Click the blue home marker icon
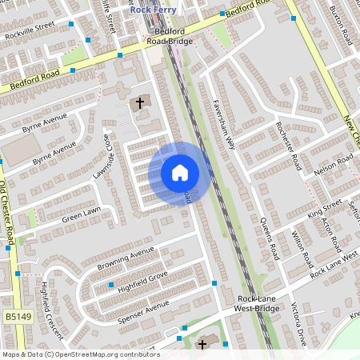180,172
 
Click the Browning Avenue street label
125,258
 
